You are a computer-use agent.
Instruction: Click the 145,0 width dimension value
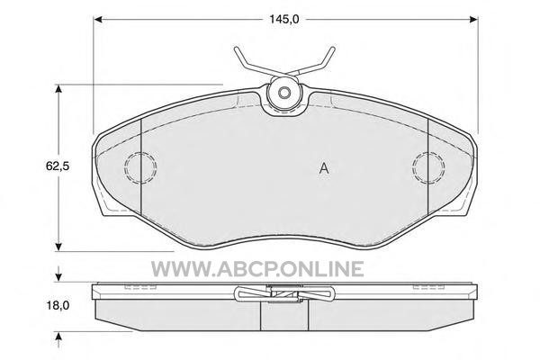click(x=284, y=19)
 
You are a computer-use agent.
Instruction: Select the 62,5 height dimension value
click(x=58, y=166)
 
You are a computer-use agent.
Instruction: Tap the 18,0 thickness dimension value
click(x=58, y=305)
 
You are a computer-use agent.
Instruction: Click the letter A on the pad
click(x=324, y=168)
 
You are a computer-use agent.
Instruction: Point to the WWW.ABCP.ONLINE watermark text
click(x=257, y=269)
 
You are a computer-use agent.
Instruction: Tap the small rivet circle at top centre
click(x=284, y=93)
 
